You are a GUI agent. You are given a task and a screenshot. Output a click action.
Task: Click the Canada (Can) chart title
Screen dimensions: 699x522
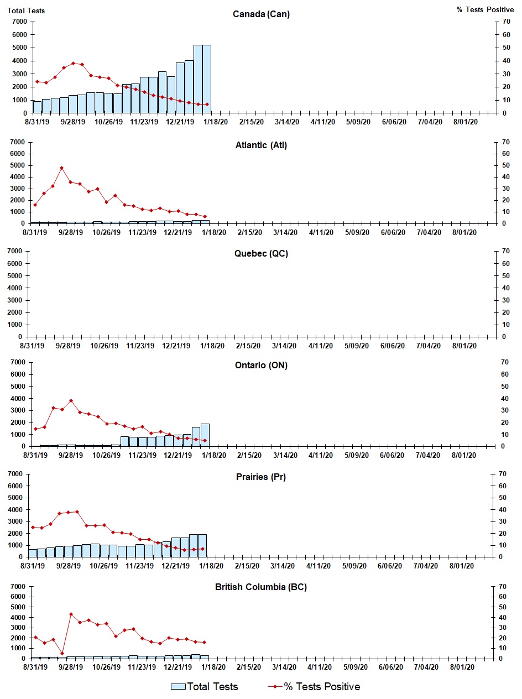[261, 14]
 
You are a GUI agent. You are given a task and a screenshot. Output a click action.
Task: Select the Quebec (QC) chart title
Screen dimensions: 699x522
[261, 254]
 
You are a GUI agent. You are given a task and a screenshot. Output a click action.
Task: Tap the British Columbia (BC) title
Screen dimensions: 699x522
[261, 587]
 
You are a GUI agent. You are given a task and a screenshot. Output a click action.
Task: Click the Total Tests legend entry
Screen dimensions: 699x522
[205, 687]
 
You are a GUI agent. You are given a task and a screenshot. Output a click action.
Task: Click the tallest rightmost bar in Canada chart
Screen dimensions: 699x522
[206, 79]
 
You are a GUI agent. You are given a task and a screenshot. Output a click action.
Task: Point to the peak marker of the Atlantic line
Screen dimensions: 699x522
[61, 168]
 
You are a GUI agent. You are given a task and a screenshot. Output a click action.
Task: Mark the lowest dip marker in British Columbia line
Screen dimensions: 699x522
[62, 653]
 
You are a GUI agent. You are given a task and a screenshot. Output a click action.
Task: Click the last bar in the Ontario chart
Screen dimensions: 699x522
[205, 435]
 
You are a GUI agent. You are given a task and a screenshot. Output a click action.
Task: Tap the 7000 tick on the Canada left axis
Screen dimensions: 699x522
[19, 22]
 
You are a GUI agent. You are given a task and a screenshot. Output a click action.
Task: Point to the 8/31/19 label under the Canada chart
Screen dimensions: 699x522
[36, 122]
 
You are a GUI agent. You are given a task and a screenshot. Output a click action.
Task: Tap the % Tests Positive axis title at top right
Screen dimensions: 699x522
[485, 10]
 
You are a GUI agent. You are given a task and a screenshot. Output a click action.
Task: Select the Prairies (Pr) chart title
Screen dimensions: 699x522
[261, 477]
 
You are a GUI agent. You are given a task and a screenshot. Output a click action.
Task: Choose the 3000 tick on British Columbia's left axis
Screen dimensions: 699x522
[19, 628]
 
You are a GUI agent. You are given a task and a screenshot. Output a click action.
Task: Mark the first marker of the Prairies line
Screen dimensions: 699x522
[33, 527]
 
